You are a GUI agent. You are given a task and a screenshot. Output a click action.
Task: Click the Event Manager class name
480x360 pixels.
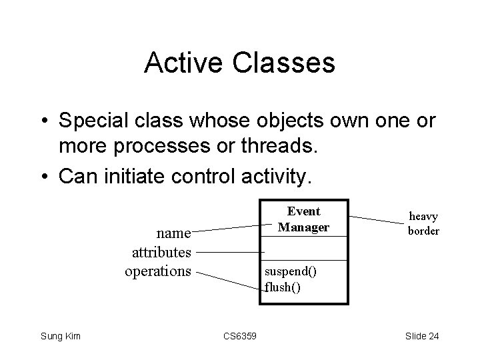pyautogui.click(x=303, y=219)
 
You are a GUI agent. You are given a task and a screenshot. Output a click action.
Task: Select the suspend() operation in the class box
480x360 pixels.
pyautogui.click(x=291, y=272)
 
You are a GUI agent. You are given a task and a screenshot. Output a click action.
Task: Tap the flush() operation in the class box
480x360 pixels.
pyautogui.click(x=283, y=287)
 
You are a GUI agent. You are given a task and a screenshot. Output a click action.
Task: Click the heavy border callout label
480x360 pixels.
pyautogui.click(x=423, y=223)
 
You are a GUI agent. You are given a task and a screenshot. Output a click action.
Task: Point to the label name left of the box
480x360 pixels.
pyautogui.click(x=173, y=234)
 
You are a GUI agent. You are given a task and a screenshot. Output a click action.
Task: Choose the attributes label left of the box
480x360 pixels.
pyautogui.click(x=162, y=253)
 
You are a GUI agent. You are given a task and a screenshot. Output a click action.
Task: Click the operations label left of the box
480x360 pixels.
pyautogui.click(x=158, y=271)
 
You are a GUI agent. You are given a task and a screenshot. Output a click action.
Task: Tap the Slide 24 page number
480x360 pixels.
pyautogui.click(x=421, y=336)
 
